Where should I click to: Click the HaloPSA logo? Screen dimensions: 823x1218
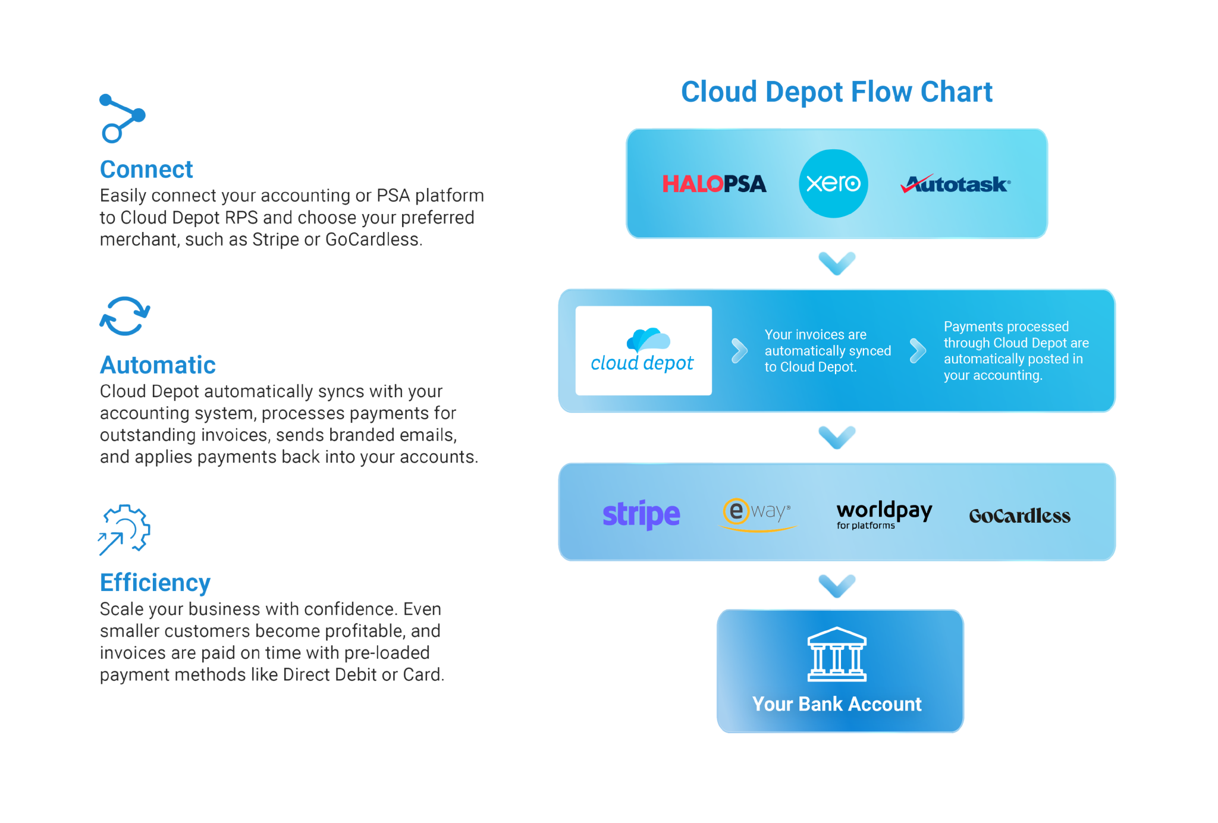[x=714, y=184]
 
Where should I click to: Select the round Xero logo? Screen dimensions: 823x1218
[x=833, y=183]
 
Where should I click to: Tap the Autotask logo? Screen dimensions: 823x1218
[x=955, y=184]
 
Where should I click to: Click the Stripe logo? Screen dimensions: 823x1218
[x=641, y=514]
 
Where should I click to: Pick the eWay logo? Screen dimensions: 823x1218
[x=756, y=513]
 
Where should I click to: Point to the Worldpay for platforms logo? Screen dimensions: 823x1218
[x=884, y=514]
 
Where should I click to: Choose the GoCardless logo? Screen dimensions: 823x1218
[x=1019, y=516]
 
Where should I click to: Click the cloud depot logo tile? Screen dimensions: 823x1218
[x=643, y=350]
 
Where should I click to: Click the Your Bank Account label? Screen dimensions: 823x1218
[x=837, y=704]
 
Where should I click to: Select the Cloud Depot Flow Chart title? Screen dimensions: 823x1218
[x=837, y=92]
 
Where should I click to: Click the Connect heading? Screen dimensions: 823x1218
[x=146, y=169]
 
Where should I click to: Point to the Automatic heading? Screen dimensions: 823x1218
[x=158, y=365]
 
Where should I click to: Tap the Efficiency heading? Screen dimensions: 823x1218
[x=155, y=583]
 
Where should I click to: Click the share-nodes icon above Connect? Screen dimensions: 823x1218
[x=122, y=118]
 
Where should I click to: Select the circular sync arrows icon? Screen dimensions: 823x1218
[x=124, y=316]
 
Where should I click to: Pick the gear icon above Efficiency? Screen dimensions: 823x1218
[x=125, y=529]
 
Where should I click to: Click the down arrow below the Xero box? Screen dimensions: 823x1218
[x=837, y=263]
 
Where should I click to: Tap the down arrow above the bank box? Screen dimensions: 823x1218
[x=837, y=586]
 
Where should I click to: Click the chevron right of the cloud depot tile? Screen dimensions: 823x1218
[x=739, y=350]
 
